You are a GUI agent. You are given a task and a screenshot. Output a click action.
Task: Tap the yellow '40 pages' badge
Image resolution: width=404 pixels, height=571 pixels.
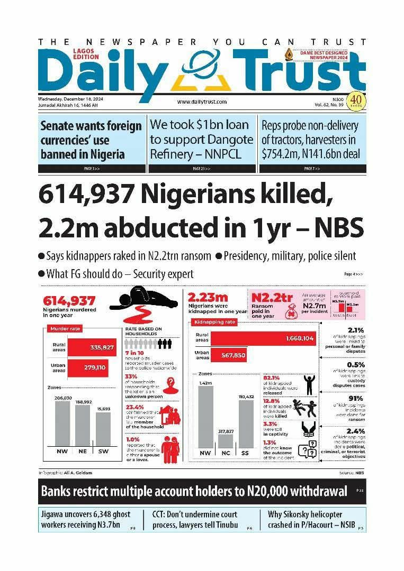pyautogui.click(x=355, y=100)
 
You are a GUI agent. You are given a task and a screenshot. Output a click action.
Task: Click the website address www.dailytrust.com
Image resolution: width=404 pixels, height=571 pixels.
pyautogui.click(x=202, y=102)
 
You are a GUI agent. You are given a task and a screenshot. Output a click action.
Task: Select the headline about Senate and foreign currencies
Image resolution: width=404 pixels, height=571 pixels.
pyautogui.click(x=91, y=140)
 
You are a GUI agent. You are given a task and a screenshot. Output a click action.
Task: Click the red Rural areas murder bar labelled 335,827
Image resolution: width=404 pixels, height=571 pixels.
pyautogui.click(x=92, y=347)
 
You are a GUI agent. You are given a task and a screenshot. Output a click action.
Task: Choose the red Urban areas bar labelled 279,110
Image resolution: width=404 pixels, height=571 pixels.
pyautogui.click(x=92, y=367)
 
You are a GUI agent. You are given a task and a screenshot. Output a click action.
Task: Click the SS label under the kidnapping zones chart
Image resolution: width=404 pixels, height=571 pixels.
pyautogui.click(x=246, y=453)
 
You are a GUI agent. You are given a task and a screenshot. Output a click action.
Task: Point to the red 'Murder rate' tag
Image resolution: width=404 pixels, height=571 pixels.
pyautogui.click(x=65, y=329)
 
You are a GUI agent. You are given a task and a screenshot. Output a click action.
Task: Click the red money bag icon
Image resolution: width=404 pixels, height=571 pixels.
pyautogui.click(x=290, y=313)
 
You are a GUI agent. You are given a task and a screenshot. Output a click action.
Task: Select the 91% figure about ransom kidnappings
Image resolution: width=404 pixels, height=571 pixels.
pyautogui.click(x=355, y=398)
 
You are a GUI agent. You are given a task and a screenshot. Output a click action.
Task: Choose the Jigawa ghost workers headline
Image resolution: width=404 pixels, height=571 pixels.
pyautogui.click(x=81, y=520)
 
